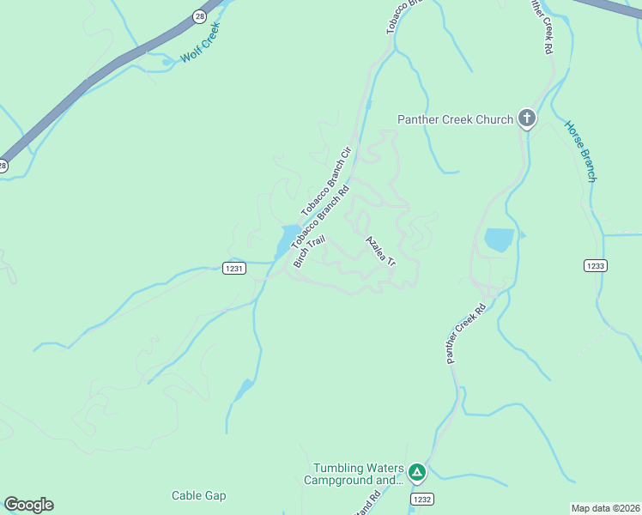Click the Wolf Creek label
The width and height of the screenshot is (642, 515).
click(x=201, y=44)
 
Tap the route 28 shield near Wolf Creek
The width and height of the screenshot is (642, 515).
click(x=199, y=15)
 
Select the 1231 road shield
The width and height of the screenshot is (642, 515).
click(x=234, y=269)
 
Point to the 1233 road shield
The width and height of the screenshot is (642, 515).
click(x=596, y=265)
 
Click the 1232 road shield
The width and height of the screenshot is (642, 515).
click(x=421, y=499)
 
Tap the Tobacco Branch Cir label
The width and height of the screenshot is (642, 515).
click(x=327, y=181)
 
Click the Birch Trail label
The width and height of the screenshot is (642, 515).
click(x=309, y=251)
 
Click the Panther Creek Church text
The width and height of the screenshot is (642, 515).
click(x=455, y=119)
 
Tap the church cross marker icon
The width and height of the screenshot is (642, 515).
click(x=526, y=118)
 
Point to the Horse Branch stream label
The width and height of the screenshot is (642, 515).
click(x=580, y=151)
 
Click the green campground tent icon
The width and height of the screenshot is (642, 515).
click(x=416, y=472)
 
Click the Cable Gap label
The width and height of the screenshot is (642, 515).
click(x=198, y=495)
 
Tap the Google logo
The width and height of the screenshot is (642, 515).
click(x=28, y=505)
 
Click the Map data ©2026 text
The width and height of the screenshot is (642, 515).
click(x=605, y=508)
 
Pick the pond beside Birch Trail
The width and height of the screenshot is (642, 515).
click(x=284, y=240)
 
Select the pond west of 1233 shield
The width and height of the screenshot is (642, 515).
click(x=499, y=239)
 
